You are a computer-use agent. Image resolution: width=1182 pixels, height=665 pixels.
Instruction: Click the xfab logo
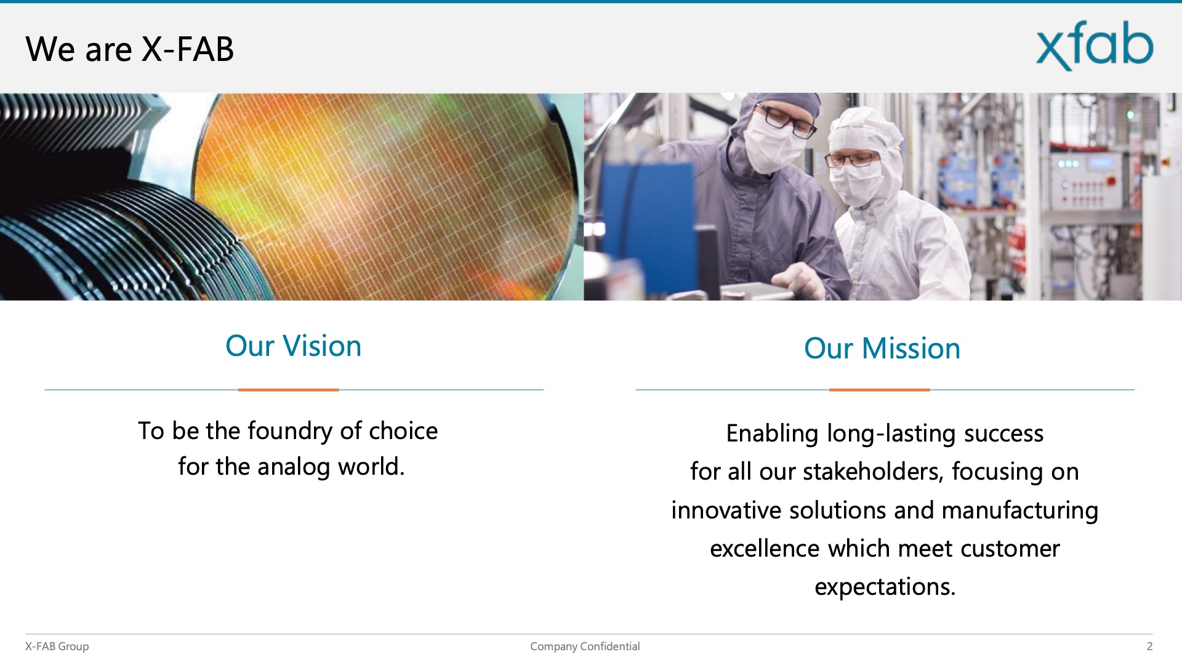click(1095, 46)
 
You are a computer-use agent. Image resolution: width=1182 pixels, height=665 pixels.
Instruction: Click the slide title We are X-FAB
click(130, 49)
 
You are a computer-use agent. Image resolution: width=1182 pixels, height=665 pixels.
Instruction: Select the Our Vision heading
click(293, 346)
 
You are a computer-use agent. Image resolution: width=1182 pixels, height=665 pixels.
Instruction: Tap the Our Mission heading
click(882, 349)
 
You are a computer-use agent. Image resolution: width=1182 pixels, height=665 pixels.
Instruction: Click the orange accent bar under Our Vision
click(289, 390)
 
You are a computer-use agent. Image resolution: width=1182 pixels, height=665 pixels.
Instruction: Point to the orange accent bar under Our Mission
click(879, 390)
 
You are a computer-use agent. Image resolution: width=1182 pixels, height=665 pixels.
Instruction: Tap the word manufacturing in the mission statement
click(1019, 511)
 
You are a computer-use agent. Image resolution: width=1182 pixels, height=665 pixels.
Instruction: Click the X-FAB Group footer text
click(57, 647)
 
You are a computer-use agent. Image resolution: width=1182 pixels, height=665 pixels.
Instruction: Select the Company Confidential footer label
click(585, 647)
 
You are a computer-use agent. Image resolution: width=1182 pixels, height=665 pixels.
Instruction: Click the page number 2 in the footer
click(1149, 647)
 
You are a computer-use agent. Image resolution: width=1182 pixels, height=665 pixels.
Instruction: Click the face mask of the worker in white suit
click(856, 182)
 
